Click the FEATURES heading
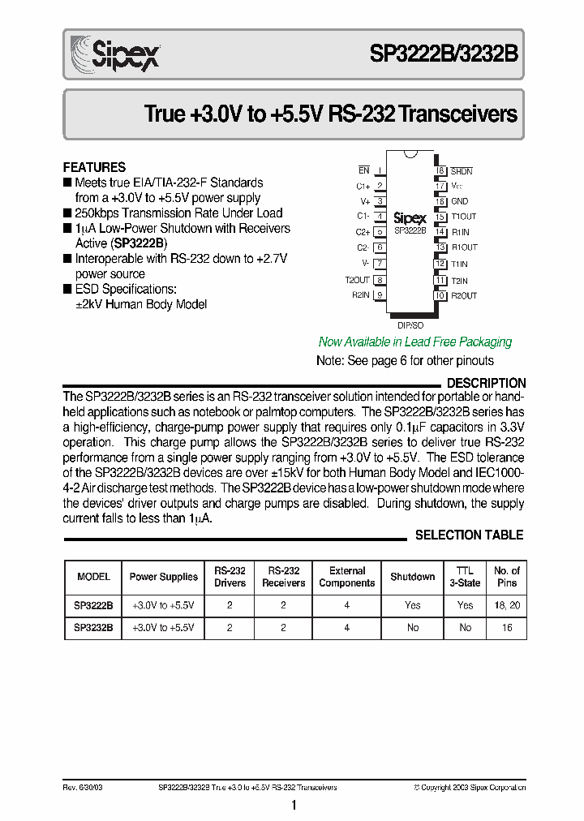pos(94,167)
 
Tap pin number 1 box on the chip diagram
pos(379,170)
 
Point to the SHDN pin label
pos(462,171)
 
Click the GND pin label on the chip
pos(459,201)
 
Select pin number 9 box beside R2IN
pos(379,295)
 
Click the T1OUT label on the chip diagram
pos(464,217)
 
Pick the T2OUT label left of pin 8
pos(357,280)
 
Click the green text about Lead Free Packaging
pos(415,342)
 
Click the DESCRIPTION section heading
pos(486,383)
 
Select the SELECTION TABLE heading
pos(469,535)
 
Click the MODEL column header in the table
pos(93,577)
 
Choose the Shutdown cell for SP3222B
pos(412,605)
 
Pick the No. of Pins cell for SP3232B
pos(507,628)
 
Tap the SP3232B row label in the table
pos(93,628)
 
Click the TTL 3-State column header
pos(465,577)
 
